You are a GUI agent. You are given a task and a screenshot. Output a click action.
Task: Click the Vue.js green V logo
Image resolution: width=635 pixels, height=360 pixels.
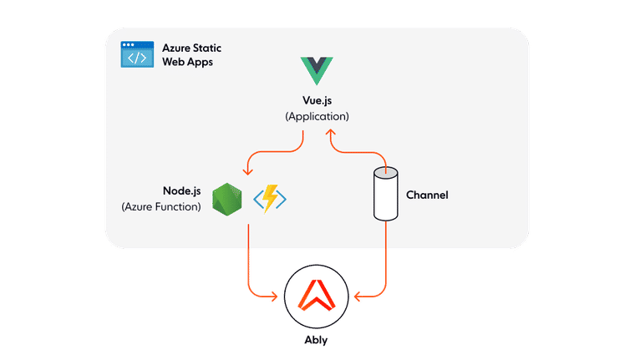317,70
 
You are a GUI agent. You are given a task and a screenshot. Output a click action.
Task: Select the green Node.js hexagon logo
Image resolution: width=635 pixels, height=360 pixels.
227,198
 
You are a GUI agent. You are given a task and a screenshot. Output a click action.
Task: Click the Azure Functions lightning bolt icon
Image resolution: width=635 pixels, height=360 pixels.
270,198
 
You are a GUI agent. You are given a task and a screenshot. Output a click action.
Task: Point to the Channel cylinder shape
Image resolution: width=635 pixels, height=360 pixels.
385,195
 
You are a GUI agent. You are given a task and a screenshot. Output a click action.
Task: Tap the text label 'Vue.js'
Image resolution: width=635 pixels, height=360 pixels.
317,101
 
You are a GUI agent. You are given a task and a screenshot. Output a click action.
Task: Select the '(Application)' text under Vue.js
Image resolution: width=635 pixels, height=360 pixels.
317,117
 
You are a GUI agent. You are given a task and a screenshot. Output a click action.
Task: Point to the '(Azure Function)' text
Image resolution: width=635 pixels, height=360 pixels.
161,206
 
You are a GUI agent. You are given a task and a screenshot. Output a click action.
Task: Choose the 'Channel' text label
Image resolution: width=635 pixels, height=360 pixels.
427,195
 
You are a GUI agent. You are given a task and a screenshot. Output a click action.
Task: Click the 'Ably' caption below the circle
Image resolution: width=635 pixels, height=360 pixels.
317,342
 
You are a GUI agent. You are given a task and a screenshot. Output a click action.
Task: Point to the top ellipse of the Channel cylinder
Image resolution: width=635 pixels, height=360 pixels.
385,172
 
